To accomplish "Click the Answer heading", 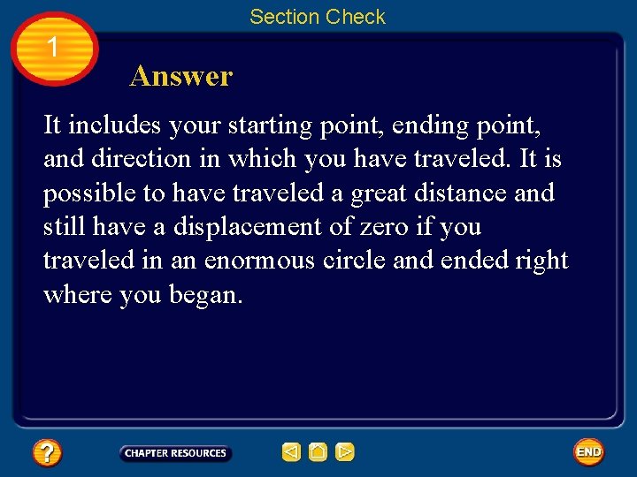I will [x=180, y=76].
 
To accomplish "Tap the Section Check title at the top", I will [x=317, y=17].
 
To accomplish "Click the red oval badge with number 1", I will [x=54, y=49].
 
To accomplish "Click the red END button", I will [x=588, y=452].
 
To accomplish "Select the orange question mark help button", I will [x=46, y=453].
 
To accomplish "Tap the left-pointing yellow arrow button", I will [x=291, y=453].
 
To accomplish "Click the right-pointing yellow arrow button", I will [x=345, y=453].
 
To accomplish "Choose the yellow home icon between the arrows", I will [x=318, y=453].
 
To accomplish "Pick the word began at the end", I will [x=206, y=294].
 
